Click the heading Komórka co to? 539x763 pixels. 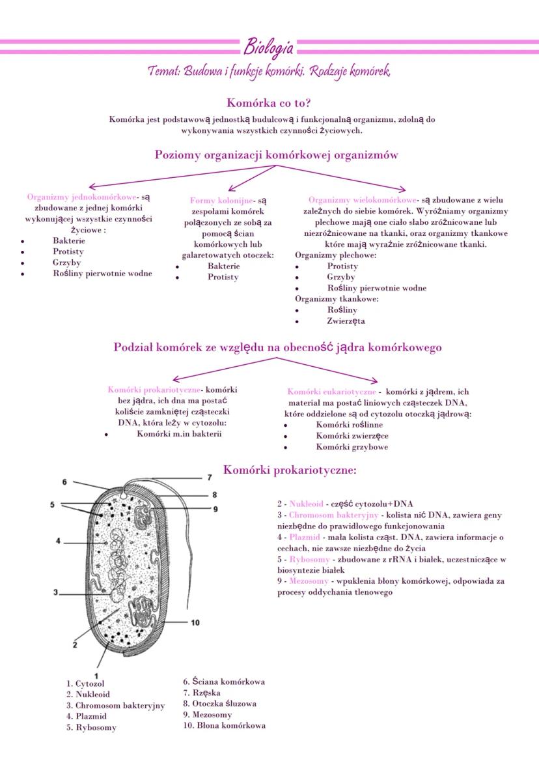[x=269, y=102]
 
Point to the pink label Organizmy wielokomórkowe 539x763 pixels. [x=363, y=200]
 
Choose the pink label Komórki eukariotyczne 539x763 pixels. [x=331, y=392]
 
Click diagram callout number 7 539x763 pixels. [x=210, y=478]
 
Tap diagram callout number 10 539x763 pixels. [x=195, y=622]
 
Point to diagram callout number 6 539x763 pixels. [x=64, y=482]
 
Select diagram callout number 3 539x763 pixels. [x=56, y=592]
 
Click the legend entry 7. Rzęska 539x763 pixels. [x=202, y=693]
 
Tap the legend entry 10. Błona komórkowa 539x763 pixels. [x=224, y=725]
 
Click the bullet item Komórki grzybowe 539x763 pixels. [x=352, y=447]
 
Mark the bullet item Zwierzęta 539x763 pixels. [x=346, y=321]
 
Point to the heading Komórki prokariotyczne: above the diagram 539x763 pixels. [x=290, y=470]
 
